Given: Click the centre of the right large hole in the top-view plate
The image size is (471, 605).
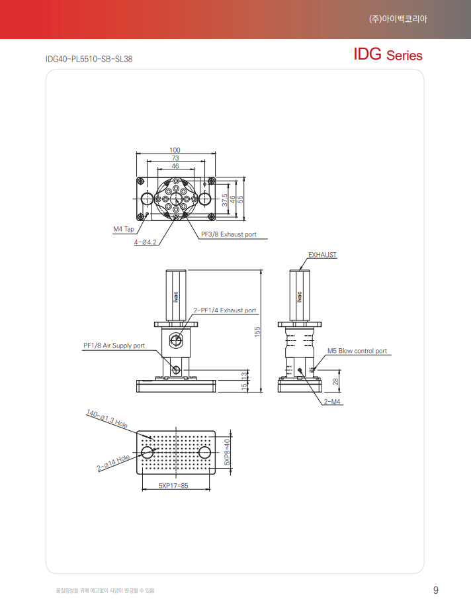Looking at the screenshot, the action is (x=205, y=199).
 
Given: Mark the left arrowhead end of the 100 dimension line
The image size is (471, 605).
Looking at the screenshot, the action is (x=136, y=153).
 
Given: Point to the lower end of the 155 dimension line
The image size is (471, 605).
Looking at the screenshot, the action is (x=261, y=393).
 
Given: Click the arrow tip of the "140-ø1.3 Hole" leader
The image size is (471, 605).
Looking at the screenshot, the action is (x=154, y=440).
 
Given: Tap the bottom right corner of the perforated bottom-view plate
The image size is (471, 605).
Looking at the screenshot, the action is (x=215, y=474).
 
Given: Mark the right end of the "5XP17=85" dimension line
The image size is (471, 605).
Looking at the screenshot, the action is (x=210, y=490).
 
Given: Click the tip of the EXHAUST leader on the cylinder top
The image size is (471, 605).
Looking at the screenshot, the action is (x=300, y=270).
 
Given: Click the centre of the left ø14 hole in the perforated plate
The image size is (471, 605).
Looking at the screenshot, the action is (x=147, y=452).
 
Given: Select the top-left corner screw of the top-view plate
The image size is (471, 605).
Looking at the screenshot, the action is (x=141, y=181).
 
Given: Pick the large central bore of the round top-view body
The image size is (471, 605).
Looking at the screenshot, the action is (x=176, y=199).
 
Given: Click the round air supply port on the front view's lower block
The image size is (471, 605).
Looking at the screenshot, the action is (x=176, y=371).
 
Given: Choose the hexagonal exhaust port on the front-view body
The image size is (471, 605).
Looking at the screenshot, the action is (x=175, y=340).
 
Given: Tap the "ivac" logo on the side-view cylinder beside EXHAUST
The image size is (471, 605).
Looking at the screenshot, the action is (x=300, y=297).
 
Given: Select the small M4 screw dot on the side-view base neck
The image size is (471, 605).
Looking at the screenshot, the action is (x=300, y=370).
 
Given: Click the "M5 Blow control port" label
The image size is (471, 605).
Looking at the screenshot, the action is (x=357, y=351).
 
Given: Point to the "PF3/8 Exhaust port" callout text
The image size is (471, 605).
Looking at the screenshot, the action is (x=229, y=234).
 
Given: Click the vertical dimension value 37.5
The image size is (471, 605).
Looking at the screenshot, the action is (x=224, y=200).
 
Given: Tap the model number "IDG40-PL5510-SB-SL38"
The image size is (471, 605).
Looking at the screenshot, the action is (x=89, y=59).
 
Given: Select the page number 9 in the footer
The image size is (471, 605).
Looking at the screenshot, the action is (x=436, y=590).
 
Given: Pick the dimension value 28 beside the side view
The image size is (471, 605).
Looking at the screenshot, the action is (x=335, y=381).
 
